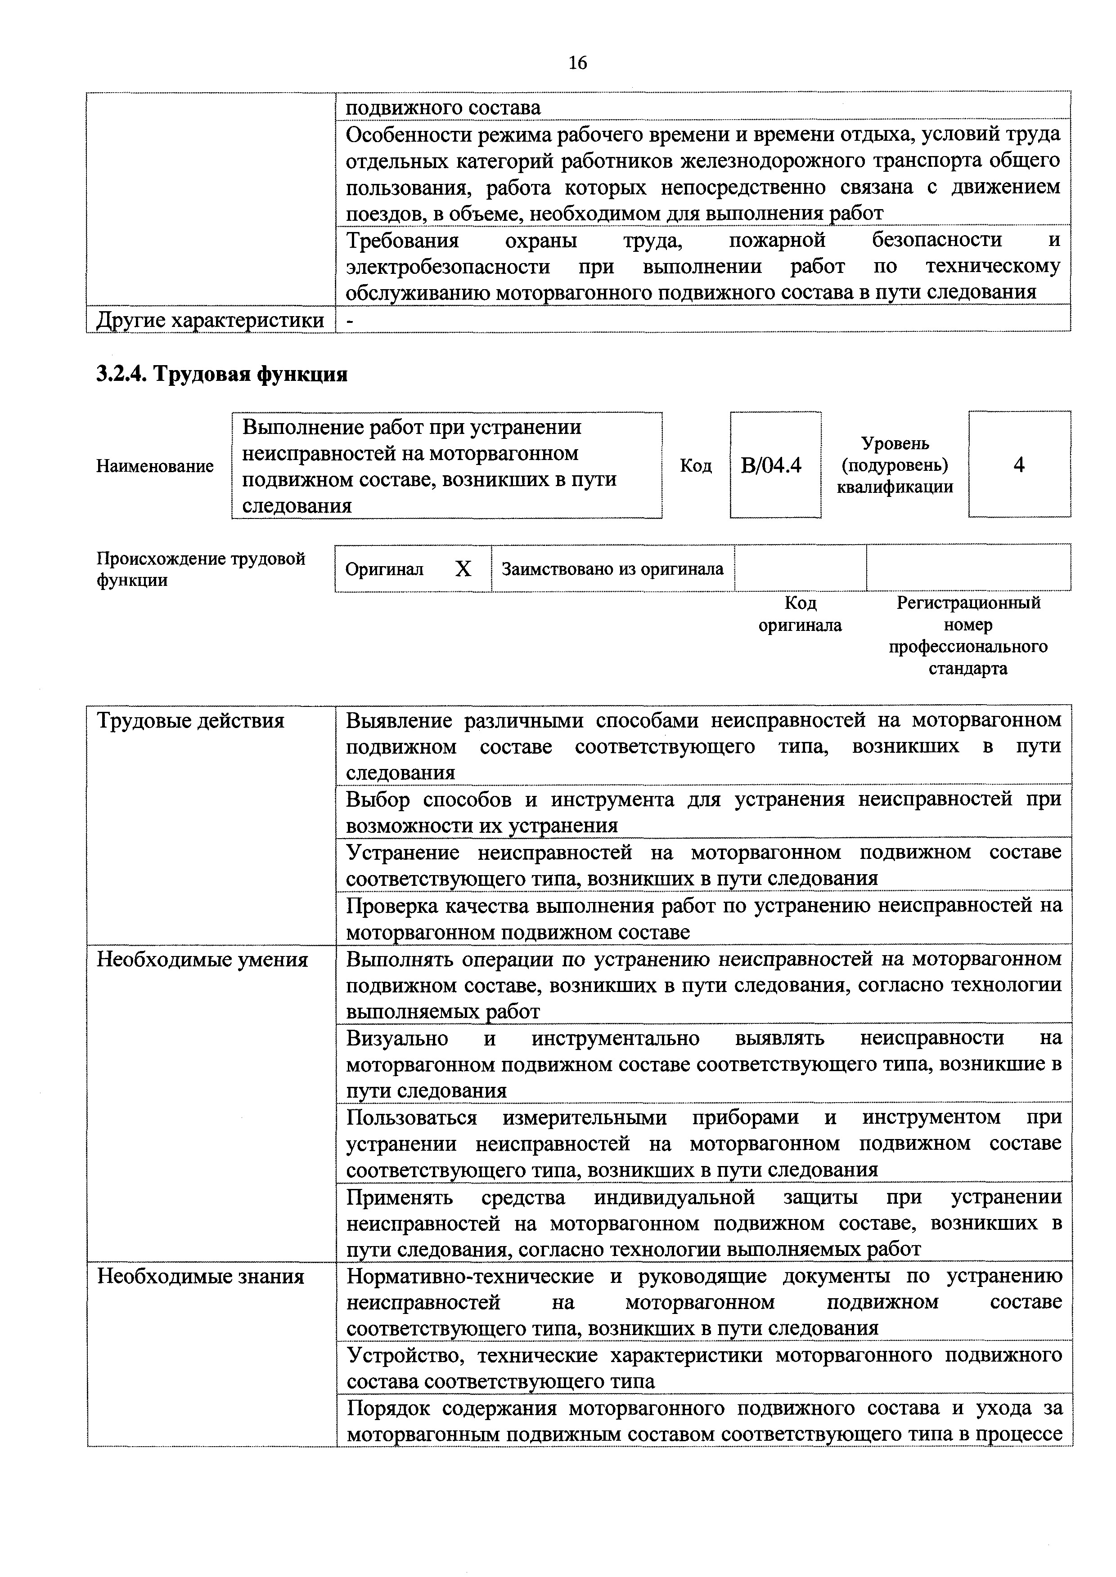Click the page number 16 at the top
pyautogui.click(x=578, y=63)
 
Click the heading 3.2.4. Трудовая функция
pyautogui.click(x=221, y=374)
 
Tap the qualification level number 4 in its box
pyautogui.click(x=1019, y=465)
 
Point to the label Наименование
pyautogui.click(x=155, y=466)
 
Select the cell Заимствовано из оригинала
pyautogui.click(x=612, y=569)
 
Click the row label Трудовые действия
pyautogui.click(x=190, y=720)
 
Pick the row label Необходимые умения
pyautogui.click(x=202, y=960)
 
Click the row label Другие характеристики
pyautogui.click(x=210, y=320)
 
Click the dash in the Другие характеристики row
pyautogui.click(x=350, y=320)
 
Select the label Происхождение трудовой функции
pyautogui.click(x=201, y=569)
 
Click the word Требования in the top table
pyautogui.click(x=402, y=241)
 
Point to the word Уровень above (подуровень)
pyautogui.click(x=895, y=444)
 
